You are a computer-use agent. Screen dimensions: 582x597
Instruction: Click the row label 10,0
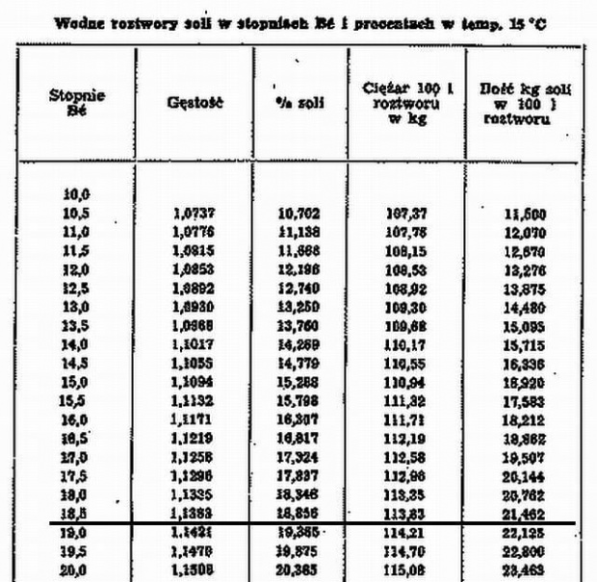click(x=76, y=195)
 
